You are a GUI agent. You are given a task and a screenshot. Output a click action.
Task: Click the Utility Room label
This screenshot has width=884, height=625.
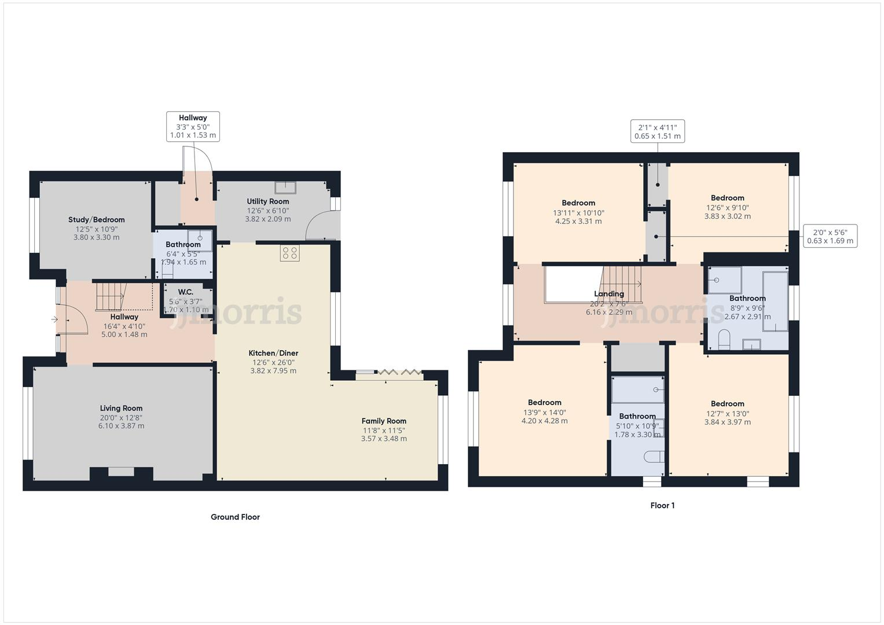click(x=267, y=201)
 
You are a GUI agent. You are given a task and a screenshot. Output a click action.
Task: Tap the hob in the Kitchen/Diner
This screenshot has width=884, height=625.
click(x=289, y=253)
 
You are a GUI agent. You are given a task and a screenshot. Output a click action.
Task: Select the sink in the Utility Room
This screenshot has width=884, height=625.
click(x=285, y=187)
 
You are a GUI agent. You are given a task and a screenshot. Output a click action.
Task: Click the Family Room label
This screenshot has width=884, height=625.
click(x=384, y=421)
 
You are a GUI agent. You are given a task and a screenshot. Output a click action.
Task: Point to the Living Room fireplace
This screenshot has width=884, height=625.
click(x=121, y=472)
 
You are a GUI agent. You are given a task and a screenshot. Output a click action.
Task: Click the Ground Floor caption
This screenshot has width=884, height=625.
click(x=235, y=517)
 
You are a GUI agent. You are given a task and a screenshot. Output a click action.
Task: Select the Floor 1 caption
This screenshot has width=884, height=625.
click(x=662, y=505)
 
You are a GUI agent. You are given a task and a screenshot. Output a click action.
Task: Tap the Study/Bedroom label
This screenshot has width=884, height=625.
click(x=97, y=219)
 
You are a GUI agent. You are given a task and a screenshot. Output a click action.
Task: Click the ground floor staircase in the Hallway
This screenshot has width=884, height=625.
click(x=110, y=296)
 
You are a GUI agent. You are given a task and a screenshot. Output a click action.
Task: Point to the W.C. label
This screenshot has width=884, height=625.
click(x=185, y=292)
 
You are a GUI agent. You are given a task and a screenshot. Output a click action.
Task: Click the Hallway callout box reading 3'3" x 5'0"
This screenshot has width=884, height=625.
click(x=193, y=126)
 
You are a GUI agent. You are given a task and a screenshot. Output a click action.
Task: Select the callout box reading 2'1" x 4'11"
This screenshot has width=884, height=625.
click(x=657, y=131)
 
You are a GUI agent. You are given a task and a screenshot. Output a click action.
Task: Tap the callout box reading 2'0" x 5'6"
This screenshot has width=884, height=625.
click(x=830, y=236)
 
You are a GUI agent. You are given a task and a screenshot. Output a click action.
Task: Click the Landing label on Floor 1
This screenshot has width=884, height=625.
click(x=609, y=293)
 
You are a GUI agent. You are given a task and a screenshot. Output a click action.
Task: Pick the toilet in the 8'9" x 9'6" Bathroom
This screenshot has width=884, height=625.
click(x=724, y=339)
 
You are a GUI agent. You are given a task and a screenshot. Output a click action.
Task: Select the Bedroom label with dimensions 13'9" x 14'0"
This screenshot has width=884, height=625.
click(x=544, y=402)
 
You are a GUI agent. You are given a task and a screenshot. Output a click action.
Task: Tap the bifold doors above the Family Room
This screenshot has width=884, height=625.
click(x=399, y=374)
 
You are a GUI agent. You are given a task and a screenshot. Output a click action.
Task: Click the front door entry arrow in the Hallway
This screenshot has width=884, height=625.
click(x=54, y=319)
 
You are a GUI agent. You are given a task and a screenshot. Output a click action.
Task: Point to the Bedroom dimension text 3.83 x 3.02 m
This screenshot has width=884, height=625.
click(x=727, y=216)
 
